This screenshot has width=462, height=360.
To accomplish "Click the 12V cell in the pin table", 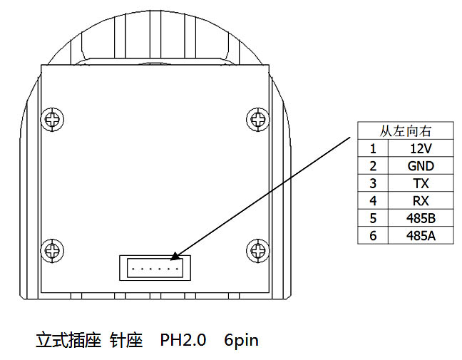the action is tap(421, 148).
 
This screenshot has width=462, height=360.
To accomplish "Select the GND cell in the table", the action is tap(421, 166).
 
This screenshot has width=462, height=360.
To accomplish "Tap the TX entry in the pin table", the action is tap(421, 183).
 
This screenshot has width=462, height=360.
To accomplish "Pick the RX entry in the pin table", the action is tap(421, 201).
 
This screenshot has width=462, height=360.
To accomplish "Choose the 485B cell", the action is tap(421, 218).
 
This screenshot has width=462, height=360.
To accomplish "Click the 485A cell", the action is tap(421, 236).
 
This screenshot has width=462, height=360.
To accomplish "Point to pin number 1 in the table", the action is tap(373, 148).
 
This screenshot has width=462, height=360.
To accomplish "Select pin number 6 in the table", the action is tap(373, 236).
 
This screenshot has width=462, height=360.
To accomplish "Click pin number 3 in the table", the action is tap(373, 183).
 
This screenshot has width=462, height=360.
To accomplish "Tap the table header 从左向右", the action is tap(406, 131).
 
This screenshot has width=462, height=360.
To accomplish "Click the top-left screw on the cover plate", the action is tap(52, 120).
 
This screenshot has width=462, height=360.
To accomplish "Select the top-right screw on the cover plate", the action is tap(258, 119).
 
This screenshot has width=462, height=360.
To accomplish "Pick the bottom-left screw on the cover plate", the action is tap(52, 251).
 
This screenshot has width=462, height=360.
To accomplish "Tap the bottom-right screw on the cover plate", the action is tap(258, 251).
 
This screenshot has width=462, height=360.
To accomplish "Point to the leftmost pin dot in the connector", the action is tap(133, 269).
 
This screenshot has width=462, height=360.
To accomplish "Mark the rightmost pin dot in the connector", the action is tap(177, 269).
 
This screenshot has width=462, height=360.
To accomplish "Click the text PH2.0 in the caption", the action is tap(183, 339).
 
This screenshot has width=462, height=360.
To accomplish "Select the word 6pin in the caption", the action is tap(241, 341).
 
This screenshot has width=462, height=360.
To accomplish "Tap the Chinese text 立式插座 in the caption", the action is tap(68, 340).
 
